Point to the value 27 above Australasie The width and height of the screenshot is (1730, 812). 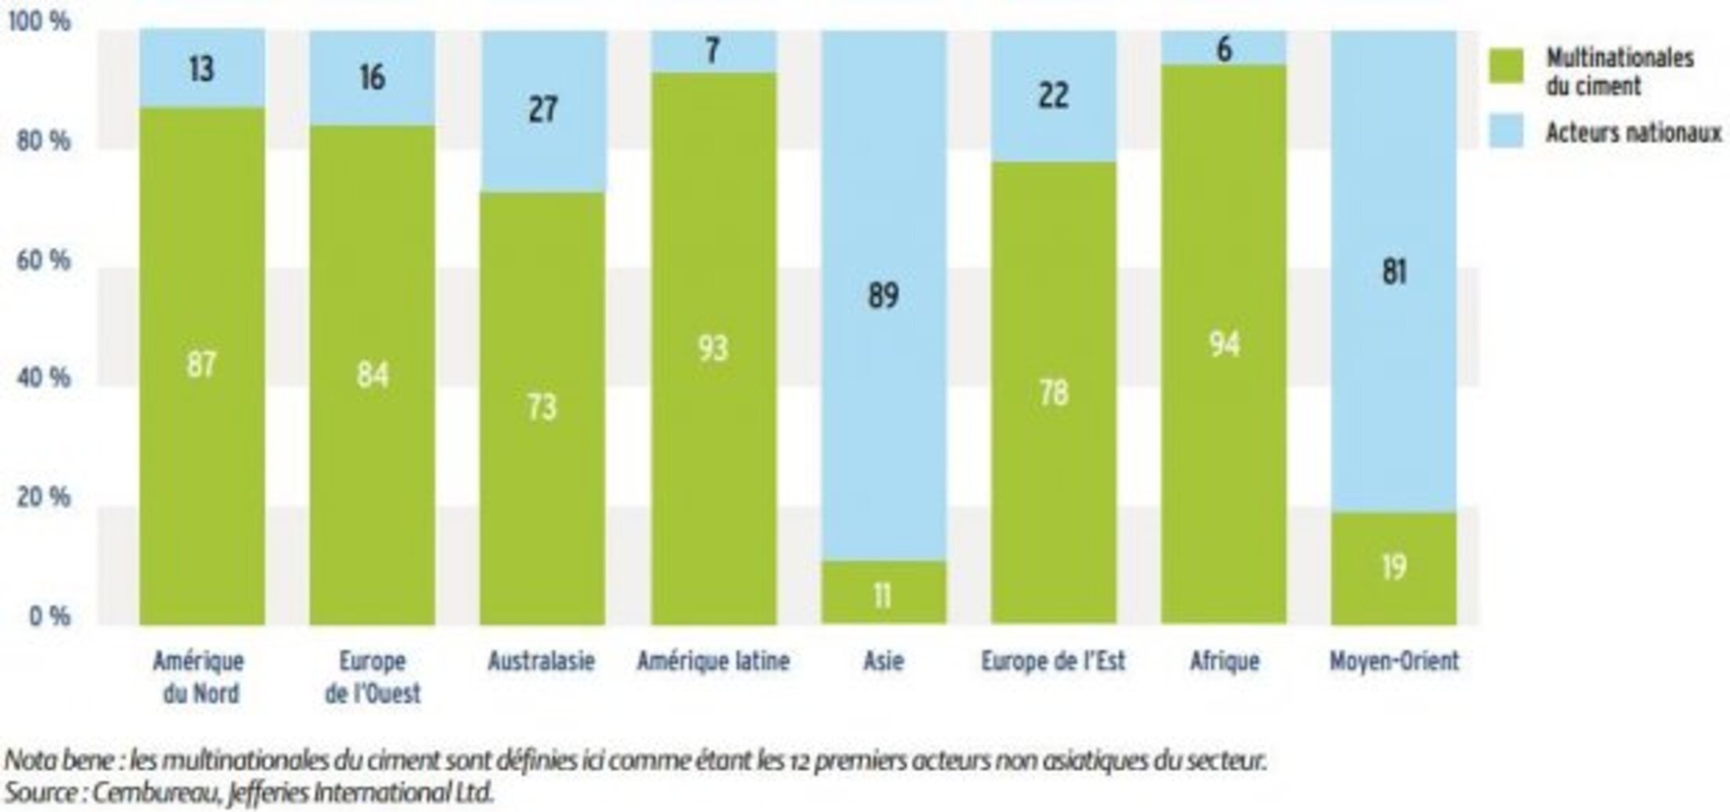pyautogui.click(x=543, y=109)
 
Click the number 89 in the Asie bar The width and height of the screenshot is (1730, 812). pyautogui.click(x=883, y=296)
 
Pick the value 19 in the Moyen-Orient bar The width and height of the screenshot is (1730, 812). pyautogui.click(x=1393, y=567)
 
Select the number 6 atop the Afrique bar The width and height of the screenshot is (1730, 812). pyautogui.click(x=1224, y=50)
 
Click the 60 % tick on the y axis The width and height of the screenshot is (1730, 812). pyautogui.click(x=43, y=260)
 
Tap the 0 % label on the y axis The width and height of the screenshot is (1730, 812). pyautogui.click(x=50, y=616)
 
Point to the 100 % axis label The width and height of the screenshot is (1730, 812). pyautogui.click(x=39, y=21)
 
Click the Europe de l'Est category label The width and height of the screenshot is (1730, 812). pyautogui.click(x=1053, y=662)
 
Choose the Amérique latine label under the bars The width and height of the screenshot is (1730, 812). pyautogui.click(x=712, y=662)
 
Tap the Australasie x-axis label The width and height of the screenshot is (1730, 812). pyautogui.click(x=541, y=662)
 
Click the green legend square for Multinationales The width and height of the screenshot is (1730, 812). pyautogui.click(x=1506, y=65)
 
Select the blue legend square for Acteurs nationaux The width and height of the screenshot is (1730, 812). pyautogui.click(x=1506, y=131)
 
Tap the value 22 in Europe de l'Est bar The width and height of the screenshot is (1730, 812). pyautogui.click(x=1053, y=96)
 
